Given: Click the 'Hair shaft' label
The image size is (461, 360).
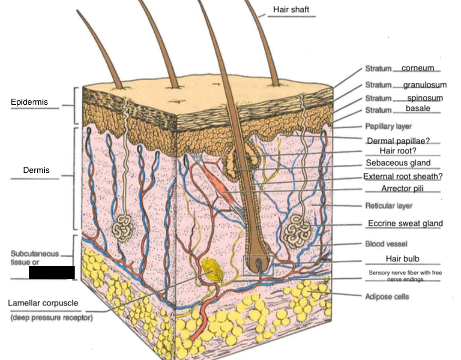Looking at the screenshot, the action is click(291, 9).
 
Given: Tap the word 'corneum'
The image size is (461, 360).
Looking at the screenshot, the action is click(418, 68).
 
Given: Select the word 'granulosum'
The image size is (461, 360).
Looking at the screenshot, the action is click(425, 85).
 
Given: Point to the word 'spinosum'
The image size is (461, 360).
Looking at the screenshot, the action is click(425, 98).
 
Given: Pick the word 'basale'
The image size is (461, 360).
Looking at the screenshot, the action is click(418, 109).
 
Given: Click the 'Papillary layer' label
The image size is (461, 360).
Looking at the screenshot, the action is click(389, 126).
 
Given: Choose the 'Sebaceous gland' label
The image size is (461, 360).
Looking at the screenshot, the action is click(398, 163).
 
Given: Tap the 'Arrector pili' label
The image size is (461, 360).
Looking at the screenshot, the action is click(403, 189).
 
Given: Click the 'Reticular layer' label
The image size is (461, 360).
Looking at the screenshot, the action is click(389, 206).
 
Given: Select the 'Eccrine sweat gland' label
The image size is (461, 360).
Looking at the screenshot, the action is click(405, 223).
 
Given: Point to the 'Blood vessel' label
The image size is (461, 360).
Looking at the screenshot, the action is click(386, 243).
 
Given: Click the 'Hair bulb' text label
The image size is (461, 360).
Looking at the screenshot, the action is click(403, 259).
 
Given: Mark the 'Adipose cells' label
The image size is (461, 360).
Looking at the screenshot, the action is click(387, 297).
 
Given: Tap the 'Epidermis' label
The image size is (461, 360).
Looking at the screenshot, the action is click(29, 102).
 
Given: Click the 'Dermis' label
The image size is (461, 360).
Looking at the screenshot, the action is click(37, 170).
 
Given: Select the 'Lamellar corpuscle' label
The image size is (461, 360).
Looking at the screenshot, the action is click(43, 303).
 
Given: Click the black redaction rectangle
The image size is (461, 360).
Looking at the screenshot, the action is click(51, 273).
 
